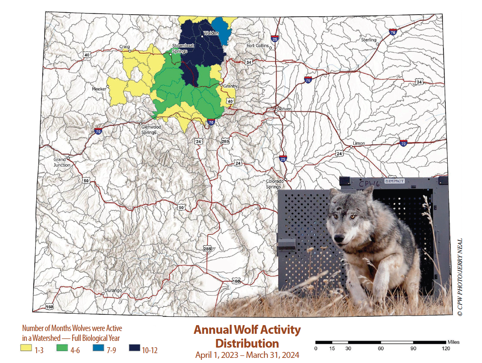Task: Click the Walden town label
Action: pyautogui.click(x=211, y=33)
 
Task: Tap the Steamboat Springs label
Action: pyautogui.click(x=179, y=49)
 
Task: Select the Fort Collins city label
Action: pyautogui.click(x=257, y=46)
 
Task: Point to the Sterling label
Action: pyautogui.click(x=369, y=40)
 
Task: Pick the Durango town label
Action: pyautogui.click(x=113, y=291)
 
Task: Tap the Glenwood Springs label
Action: pyautogui.click(x=149, y=129)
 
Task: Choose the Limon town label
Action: pyautogui.click(x=359, y=143)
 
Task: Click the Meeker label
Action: pyautogui.click(x=99, y=89)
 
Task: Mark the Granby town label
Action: pyautogui.click(x=229, y=86)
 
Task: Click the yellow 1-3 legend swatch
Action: pyautogui.click(x=26, y=348)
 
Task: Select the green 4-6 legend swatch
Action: pyautogui.click(x=62, y=348)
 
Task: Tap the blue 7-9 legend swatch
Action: pyautogui.click(x=98, y=348)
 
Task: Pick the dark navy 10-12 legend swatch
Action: pyautogui.click(x=134, y=348)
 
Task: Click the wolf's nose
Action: pyautogui.click(x=338, y=239)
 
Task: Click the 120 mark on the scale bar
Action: pyautogui.click(x=446, y=348)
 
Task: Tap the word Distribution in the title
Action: pyautogui.click(x=247, y=343)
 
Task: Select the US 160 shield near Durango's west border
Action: pyautogui.click(x=49, y=307)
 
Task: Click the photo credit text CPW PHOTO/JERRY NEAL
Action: pyautogui.click(x=459, y=276)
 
